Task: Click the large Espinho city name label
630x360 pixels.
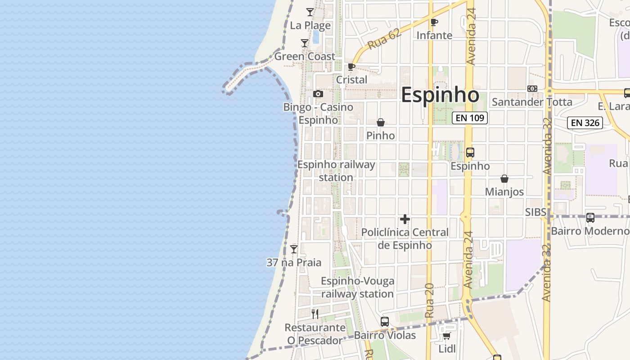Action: coord(440,95)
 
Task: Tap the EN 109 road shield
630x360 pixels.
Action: coord(470,118)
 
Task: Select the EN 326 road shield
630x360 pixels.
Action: coord(585,122)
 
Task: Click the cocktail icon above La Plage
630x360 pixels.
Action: coord(310,12)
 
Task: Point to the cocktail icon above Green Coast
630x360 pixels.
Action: coord(305,43)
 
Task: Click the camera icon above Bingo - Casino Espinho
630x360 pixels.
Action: coord(318,94)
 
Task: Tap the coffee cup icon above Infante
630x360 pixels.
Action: coord(434,22)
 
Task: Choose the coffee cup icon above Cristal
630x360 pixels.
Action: coord(351,67)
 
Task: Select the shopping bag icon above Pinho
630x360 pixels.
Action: coord(381,122)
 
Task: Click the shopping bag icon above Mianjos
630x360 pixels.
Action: coord(504,179)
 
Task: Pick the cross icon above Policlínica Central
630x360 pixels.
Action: coord(405,219)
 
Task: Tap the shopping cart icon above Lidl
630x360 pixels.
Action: coord(447,336)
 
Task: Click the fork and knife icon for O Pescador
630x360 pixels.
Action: coord(315,314)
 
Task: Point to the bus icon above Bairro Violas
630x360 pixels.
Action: coord(385,322)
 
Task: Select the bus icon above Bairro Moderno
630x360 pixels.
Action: coord(590,218)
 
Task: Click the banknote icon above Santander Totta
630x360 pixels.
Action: coord(532,89)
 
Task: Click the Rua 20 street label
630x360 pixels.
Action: coord(429,301)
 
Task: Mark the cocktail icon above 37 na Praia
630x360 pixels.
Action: coord(294,249)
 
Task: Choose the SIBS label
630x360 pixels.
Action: coord(535,212)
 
